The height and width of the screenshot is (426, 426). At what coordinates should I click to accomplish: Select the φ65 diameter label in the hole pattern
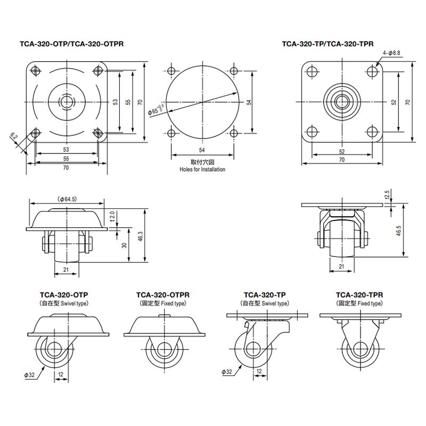click(x=157, y=110)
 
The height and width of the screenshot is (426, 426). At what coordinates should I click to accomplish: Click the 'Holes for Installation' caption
click(x=202, y=169)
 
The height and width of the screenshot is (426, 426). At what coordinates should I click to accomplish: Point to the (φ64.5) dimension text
click(x=66, y=199)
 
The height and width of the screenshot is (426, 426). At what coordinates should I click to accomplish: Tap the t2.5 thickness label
click(x=388, y=193)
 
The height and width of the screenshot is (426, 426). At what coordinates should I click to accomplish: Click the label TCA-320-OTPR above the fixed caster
click(x=163, y=294)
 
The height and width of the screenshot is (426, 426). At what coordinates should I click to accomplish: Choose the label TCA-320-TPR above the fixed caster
click(x=359, y=294)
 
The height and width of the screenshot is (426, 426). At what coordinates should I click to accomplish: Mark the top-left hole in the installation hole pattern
click(x=171, y=71)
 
